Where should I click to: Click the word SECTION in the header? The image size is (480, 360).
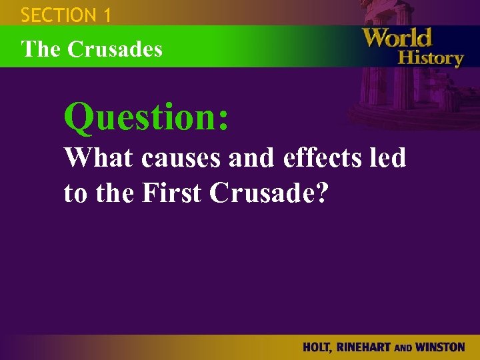point(59,14)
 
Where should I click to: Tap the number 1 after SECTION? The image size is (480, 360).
point(106,14)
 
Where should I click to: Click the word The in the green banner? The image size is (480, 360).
point(37,49)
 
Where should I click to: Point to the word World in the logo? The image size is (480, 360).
point(397,37)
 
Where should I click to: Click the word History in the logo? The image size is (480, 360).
point(430,57)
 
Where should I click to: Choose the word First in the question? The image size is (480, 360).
point(173,193)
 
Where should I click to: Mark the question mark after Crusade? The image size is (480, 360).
point(322,193)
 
